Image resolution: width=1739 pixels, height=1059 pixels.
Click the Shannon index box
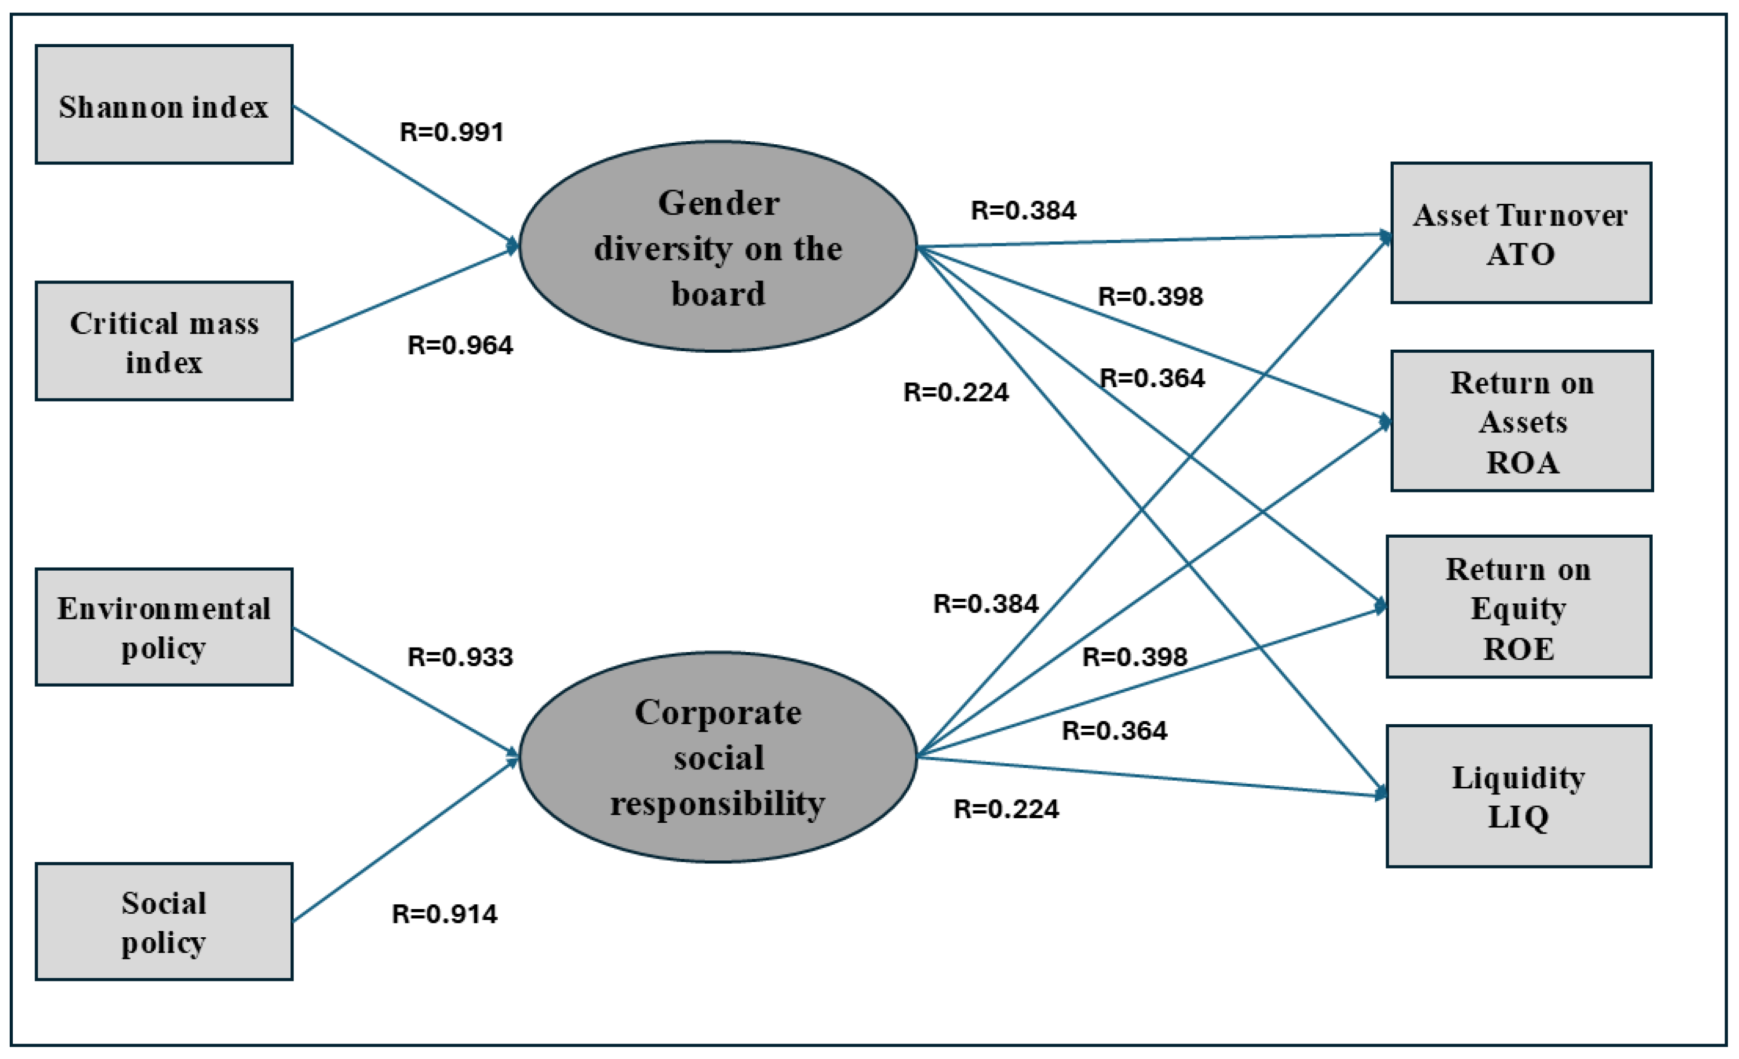click(x=164, y=104)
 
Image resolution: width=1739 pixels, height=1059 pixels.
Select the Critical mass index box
click(x=164, y=342)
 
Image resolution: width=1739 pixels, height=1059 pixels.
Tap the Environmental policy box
click(x=164, y=627)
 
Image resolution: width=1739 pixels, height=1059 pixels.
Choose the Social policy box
click(x=164, y=921)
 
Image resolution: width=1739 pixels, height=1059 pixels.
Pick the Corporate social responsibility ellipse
click(x=718, y=757)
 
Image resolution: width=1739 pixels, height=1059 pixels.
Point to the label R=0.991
click(x=452, y=132)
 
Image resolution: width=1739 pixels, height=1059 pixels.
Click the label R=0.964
click(x=460, y=345)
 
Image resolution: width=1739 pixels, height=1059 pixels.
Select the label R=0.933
click(x=460, y=657)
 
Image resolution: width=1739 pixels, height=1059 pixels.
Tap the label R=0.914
click(x=444, y=914)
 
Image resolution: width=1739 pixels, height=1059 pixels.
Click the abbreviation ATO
click(x=1520, y=255)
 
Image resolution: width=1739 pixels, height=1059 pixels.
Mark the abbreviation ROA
click(x=1522, y=463)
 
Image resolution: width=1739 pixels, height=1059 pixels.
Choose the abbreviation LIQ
click(x=1518, y=817)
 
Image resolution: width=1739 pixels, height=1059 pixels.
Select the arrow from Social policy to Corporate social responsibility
click(x=406, y=840)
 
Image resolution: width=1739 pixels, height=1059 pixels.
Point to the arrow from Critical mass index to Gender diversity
click(x=406, y=294)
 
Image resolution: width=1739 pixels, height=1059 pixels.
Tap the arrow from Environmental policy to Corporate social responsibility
click(x=406, y=691)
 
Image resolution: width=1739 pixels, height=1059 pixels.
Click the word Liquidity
click(x=1518, y=778)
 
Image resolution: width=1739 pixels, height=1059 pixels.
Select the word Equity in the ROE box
click(x=1518, y=608)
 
